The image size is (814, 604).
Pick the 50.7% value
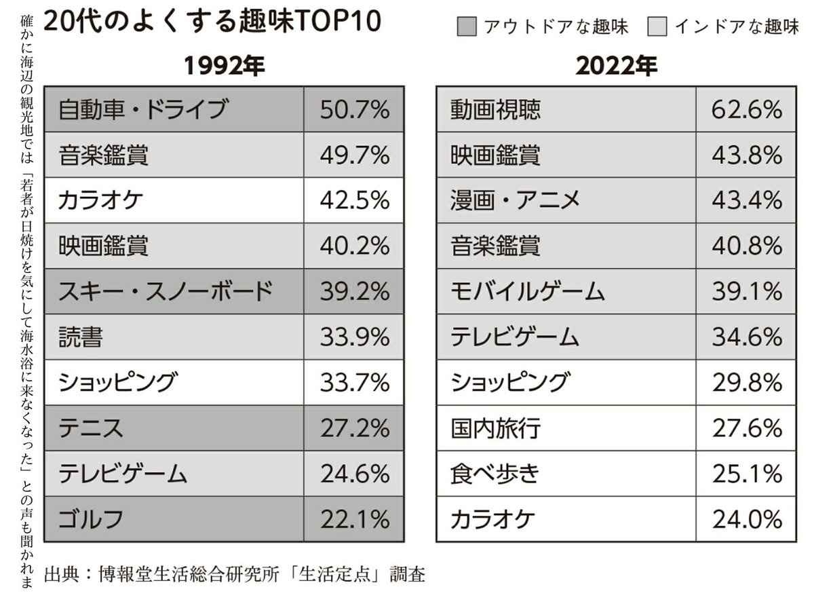354,109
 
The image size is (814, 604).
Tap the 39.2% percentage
354,291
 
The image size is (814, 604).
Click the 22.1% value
354,519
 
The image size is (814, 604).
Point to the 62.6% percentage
747,109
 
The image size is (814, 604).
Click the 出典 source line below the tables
234,575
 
